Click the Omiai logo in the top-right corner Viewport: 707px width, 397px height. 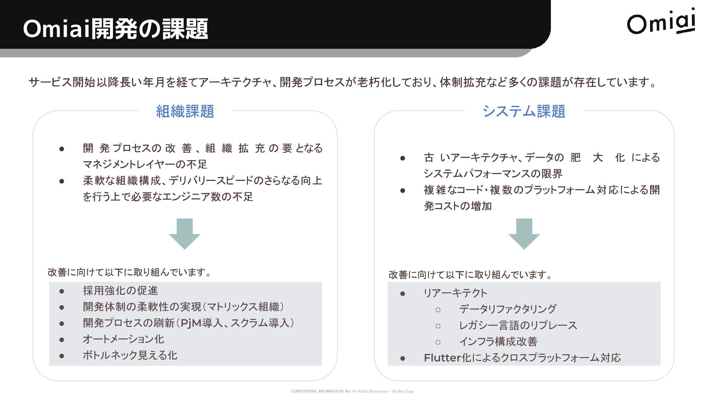[x=661, y=23]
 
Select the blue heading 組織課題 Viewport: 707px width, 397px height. [x=185, y=111]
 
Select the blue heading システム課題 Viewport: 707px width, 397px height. [x=524, y=111]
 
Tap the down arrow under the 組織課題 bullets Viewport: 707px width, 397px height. [x=184, y=234]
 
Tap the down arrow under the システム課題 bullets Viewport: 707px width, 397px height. [x=524, y=234]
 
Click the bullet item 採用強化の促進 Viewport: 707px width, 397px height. [x=120, y=291]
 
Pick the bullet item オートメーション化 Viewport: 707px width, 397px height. [x=123, y=339]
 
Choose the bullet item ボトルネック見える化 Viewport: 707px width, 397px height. [x=130, y=355]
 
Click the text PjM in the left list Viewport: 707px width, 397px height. [x=191, y=323]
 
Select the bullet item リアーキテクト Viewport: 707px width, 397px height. [x=455, y=293]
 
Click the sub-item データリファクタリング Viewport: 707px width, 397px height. [x=507, y=309]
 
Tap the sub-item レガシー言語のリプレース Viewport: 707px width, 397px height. [x=518, y=325]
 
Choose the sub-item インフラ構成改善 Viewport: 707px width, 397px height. [x=498, y=342]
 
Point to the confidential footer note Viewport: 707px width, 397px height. [x=352, y=391]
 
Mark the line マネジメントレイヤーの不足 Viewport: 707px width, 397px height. [x=145, y=164]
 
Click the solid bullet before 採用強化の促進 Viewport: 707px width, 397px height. [x=62, y=292]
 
